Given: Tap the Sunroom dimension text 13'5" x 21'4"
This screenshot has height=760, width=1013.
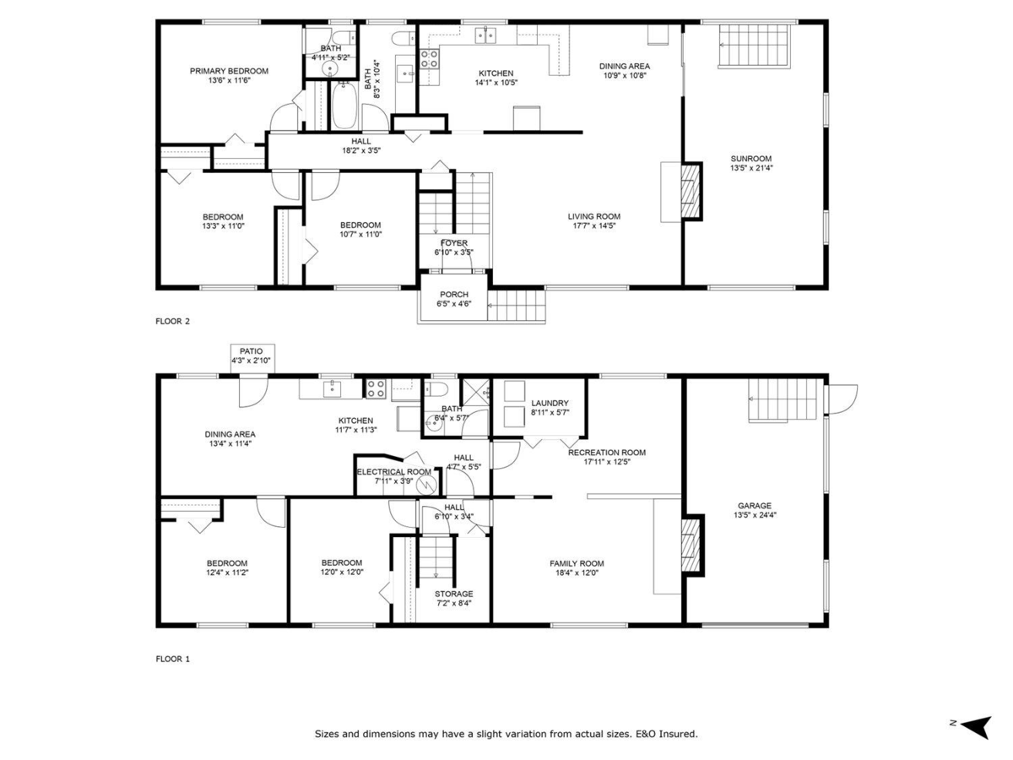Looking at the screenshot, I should (x=751, y=168).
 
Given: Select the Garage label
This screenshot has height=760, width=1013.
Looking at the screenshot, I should (x=754, y=506).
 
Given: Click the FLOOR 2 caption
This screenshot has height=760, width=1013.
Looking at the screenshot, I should (x=173, y=321).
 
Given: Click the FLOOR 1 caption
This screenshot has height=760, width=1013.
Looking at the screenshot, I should (x=173, y=659).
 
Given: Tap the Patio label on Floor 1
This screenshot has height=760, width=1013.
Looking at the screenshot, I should (x=252, y=351).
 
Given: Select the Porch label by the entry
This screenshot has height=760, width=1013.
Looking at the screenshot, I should (x=454, y=295).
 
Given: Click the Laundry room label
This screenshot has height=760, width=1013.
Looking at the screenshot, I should (x=550, y=404).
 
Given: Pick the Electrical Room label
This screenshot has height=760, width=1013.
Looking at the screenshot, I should (x=393, y=472).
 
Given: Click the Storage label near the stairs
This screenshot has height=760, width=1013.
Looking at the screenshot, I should (x=453, y=594).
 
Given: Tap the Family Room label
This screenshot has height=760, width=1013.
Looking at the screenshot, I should (x=577, y=564).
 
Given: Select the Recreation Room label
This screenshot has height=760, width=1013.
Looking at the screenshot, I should (x=606, y=453).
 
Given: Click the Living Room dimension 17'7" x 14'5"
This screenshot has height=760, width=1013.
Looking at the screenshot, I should (x=594, y=225).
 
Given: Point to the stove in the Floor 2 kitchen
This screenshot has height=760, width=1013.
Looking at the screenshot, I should (x=430, y=57).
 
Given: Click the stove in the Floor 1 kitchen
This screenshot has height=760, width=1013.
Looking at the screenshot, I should (x=376, y=388).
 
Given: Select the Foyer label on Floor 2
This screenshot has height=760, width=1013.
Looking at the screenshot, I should (x=454, y=243).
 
